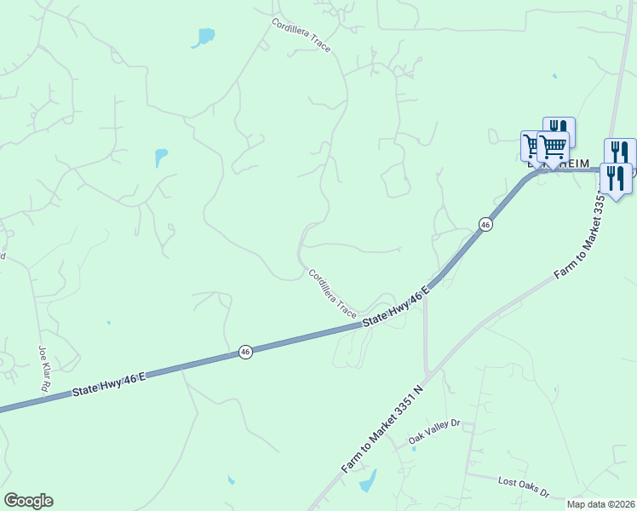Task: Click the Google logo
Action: [x=28, y=501]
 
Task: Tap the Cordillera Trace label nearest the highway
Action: [x=333, y=294]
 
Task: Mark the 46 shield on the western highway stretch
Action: [x=244, y=352]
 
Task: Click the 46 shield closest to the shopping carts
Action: [x=485, y=224]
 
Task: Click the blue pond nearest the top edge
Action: [x=204, y=37]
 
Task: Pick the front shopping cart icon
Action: [x=554, y=147]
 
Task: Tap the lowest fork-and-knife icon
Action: [x=615, y=179]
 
